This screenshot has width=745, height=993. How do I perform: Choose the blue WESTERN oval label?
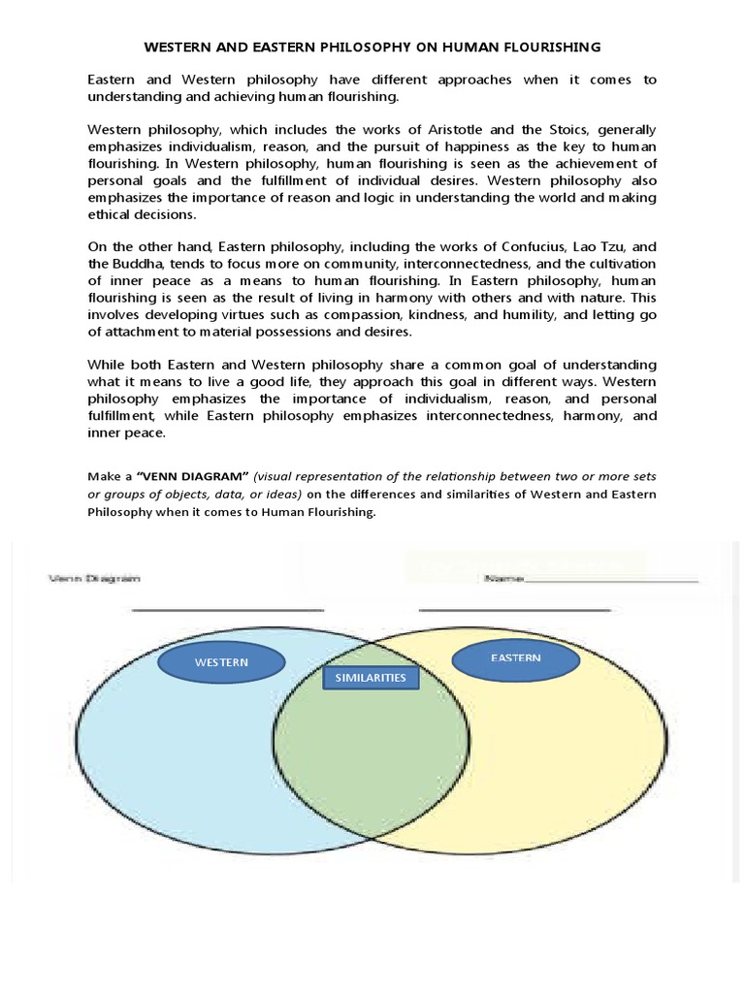221,663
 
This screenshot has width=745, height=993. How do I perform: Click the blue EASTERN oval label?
515,659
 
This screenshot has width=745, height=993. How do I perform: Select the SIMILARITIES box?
371,678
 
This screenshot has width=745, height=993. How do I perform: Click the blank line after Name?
611,581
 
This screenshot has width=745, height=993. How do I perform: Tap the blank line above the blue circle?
227,610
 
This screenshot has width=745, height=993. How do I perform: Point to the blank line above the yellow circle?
514,610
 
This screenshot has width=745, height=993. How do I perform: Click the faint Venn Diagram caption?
94,578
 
